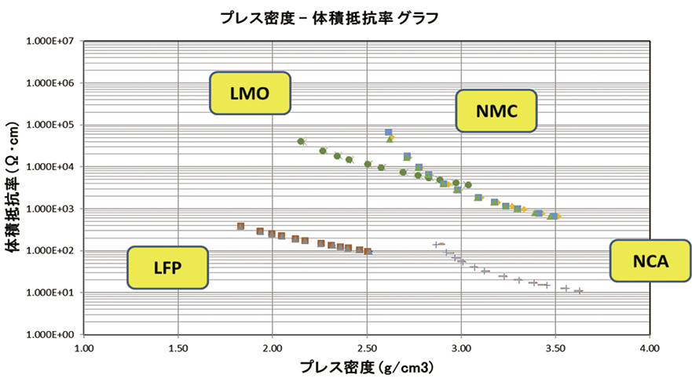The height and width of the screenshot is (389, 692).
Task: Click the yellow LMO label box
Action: (x=250, y=93)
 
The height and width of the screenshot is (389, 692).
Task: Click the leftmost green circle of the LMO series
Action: (x=301, y=142)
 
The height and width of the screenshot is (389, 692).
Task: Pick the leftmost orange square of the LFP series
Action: (x=241, y=227)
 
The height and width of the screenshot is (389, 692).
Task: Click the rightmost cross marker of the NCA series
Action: (x=579, y=291)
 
